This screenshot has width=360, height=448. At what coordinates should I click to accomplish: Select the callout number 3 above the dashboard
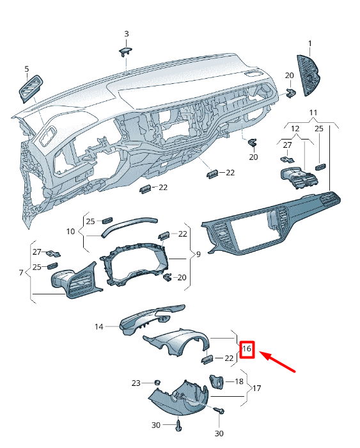[126, 33]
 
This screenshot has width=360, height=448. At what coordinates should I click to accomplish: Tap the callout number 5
[27, 68]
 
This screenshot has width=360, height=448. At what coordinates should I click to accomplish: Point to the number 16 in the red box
[247, 350]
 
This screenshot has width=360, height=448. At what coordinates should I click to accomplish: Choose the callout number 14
[99, 327]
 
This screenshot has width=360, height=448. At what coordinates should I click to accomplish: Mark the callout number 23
[136, 383]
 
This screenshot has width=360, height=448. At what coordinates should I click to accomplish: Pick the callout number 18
[239, 381]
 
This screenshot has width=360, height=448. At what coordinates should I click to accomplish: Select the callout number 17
[257, 388]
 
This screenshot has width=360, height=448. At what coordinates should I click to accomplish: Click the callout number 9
[198, 254]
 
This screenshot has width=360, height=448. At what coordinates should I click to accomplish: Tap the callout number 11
[313, 113]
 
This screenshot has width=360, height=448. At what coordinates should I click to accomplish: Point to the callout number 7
[21, 273]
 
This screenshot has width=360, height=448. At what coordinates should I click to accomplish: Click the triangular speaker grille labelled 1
[310, 74]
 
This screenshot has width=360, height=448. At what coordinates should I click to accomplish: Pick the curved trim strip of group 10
[128, 224]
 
